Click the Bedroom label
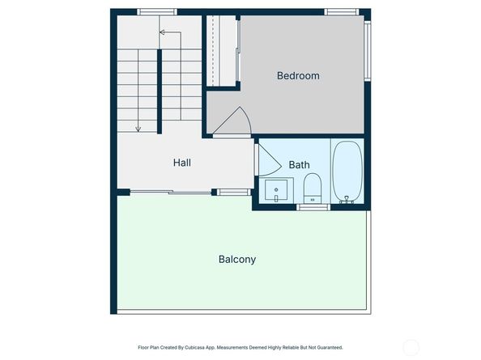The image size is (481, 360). click(x=298, y=76)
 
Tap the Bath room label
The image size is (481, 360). click(x=300, y=165)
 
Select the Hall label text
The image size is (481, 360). click(x=182, y=163)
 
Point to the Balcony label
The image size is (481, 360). click(x=237, y=260)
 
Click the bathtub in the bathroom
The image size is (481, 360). click(x=348, y=172)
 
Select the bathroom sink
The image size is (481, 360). click(x=277, y=191)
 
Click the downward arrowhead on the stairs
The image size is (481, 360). click(x=138, y=129)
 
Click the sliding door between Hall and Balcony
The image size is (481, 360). click(x=170, y=192)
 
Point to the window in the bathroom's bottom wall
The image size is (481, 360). click(x=313, y=207)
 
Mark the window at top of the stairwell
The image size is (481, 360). click(x=157, y=12)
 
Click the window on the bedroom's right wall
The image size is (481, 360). click(x=367, y=50)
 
